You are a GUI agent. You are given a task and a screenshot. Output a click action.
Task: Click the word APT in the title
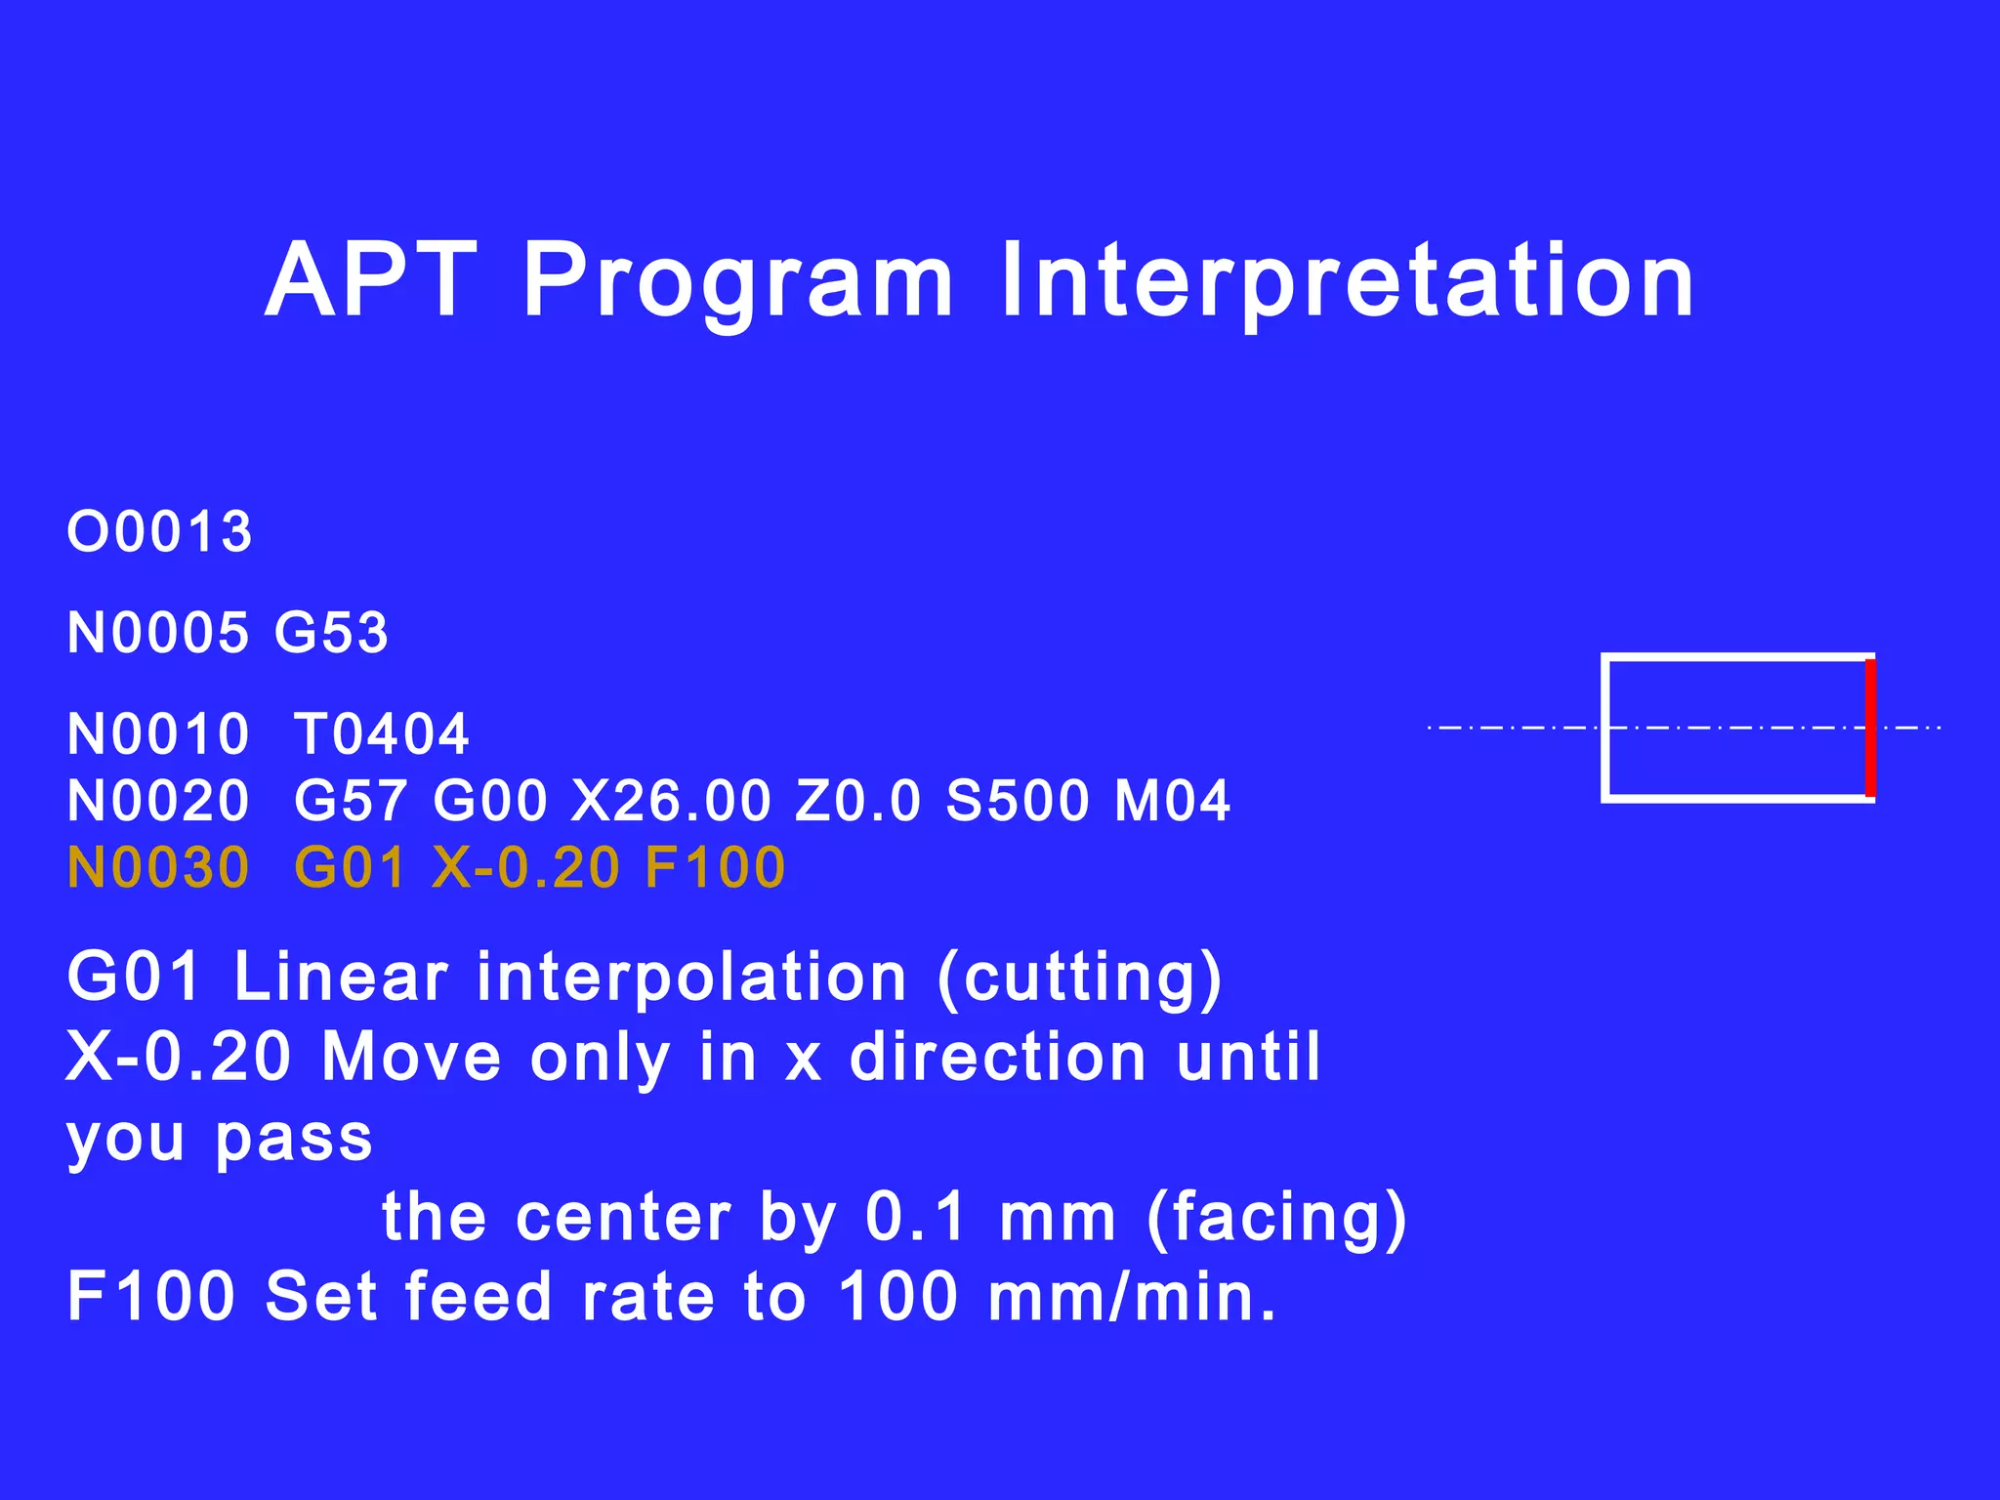[x=371, y=281]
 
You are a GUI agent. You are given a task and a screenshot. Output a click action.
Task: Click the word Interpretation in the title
[x=1348, y=281]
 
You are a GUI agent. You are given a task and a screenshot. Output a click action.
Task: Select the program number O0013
[x=159, y=532]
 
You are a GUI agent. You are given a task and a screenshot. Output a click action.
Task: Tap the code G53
[x=331, y=633]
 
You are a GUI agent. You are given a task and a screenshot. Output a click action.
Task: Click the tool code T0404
[x=381, y=734]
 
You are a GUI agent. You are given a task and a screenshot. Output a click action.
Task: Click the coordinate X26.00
[x=671, y=802]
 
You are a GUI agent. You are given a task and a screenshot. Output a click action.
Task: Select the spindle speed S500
[x=1018, y=802]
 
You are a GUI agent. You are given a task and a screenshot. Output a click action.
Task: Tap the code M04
[x=1172, y=802]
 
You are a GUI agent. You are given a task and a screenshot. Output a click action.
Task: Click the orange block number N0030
[x=158, y=868]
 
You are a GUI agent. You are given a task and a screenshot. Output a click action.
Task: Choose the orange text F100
[x=715, y=868]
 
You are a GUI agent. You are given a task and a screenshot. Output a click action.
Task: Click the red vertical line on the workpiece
[x=1870, y=729]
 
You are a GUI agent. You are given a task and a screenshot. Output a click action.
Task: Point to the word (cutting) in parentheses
[x=1079, y=979]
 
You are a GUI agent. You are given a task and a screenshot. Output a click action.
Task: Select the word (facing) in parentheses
[x=1276, y=1219]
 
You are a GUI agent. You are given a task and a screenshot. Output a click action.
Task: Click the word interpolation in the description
[x=692, y=979]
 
